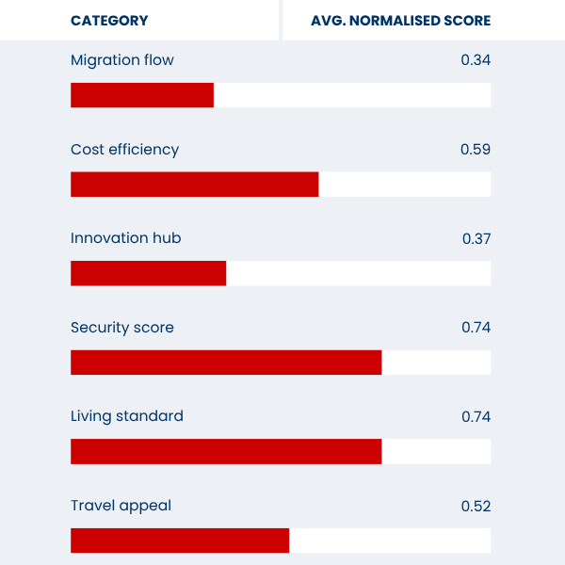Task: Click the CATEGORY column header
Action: (109, 21)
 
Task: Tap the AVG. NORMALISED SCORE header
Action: (400, 21)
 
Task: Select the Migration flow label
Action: (122, 60)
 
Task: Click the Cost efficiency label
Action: (124, 150)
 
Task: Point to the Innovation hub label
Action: (125, 238)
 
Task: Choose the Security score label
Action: (122, 328)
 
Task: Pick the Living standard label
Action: (127, 416)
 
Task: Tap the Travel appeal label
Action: (121, 506)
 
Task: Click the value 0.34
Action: (476, 60)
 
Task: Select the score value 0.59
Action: (476, 150)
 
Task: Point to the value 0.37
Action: (476, 238)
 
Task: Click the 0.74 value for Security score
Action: (476, 328)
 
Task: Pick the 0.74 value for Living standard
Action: (476, 416)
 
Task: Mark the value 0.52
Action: (476, 506)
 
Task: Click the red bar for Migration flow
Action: (142, 95)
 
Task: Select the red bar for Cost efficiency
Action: (195, 185)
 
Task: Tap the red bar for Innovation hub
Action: (149, 273)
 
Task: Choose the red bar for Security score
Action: (226, 363)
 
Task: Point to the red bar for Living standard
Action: (226, 451)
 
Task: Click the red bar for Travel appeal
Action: (180, 541)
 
